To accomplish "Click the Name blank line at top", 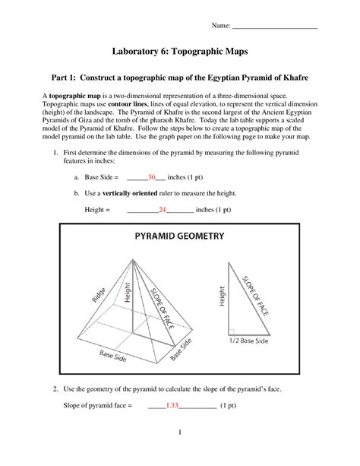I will (274, 27).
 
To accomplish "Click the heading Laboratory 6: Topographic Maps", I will (180, 53).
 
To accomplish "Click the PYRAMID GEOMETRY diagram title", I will (180, 236).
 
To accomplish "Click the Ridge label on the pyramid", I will (99, 292).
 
